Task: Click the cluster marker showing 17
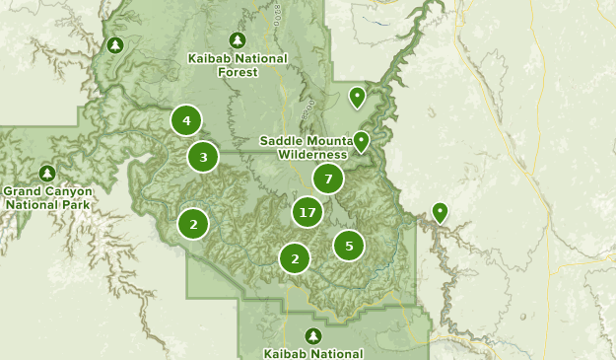(x=308, y=212)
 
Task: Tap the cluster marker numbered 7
(x=327, y=179)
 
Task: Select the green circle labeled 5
(x=349, y=245)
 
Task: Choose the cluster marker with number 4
(x=185, y=120)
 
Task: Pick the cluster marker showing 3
(x=203, y=156)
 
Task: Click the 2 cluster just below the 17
(x=294, y=258)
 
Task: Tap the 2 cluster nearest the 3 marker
(x=193, y=224)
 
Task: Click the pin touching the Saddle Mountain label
(x=362, y=141)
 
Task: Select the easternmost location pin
(x=440, y=211)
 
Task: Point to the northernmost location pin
(x=357, y=97)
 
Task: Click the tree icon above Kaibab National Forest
(x=237, y=40)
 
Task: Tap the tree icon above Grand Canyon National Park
(x=46, y=174)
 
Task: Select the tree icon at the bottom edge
(x=313, y=336)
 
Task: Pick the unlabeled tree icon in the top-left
(x=114, y=45)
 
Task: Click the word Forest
(x=238, y=71)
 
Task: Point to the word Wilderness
(x=312, y=154)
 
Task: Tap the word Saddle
(x=280, y=140)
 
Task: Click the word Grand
(x=23, y=191)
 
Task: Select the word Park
(x=75, y=204)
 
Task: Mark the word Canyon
(x=69, y=191)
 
